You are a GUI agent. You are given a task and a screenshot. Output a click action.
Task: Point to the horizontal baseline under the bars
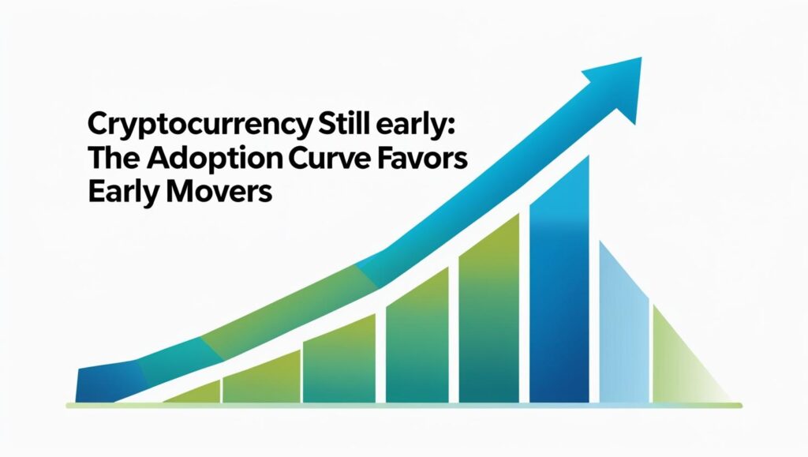coord(404,406)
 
